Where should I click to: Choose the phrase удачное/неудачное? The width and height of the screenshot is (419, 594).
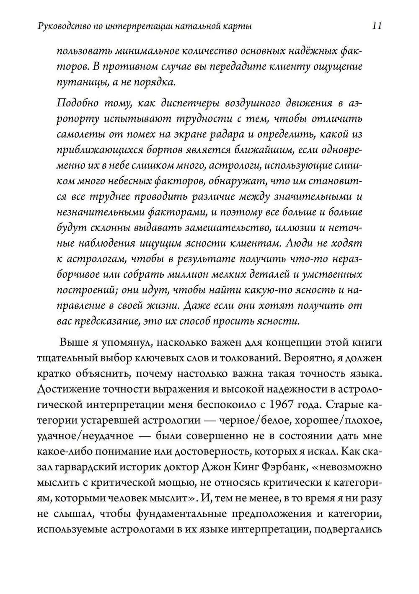point(85,436)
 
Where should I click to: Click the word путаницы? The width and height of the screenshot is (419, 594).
point(81,82)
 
